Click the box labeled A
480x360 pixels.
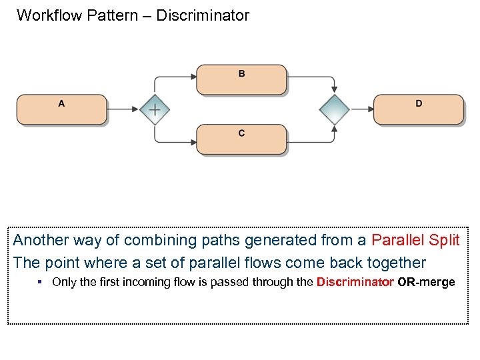(61, 109)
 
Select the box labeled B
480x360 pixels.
(241, 79)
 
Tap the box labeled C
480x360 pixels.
(241, 139)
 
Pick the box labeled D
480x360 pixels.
(418, 109)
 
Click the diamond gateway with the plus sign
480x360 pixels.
(154, 109)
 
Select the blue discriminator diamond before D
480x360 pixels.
(334, 109)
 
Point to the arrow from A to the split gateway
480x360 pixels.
(123, 109)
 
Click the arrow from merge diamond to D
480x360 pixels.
(361, 109)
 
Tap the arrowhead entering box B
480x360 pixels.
(193, 77)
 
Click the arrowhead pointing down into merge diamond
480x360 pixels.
(334, 89)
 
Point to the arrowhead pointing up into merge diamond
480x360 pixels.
(334, 129)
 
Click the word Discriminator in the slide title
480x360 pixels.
(203, 15)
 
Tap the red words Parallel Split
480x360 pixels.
(415, 240)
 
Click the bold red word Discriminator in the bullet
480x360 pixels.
(355, 282)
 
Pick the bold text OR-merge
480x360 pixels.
(426, 282)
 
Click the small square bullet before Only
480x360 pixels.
(40, 282)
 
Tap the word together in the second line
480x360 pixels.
(394, 262)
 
